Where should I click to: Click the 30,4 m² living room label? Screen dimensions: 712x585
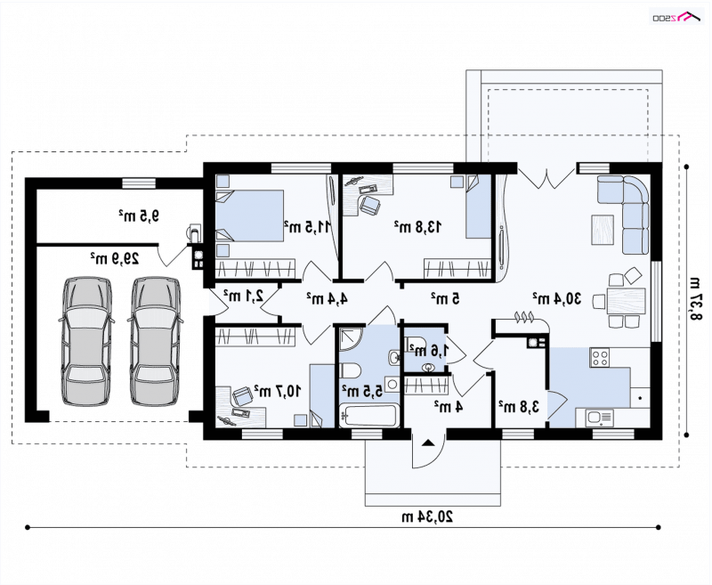(x=557, y=299)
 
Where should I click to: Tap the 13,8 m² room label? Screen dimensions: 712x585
(x=417, y=226)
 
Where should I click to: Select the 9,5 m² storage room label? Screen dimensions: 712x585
(x=139, y=215)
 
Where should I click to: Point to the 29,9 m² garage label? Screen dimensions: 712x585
(x=115, y=259)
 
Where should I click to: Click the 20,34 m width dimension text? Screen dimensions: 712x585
(x=427, y=516)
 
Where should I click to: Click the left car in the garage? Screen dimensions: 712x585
(x=86, y=341)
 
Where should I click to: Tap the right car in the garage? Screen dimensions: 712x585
(x=155, y=341)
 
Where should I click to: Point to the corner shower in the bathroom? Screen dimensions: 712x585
(x=351, y=338)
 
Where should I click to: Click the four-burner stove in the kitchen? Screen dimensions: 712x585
(x=600, y=357)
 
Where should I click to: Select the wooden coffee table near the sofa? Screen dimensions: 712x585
(x=603, y=230)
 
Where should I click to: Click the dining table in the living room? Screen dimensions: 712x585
(x=627, y=301)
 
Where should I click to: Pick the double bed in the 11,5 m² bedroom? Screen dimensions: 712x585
(x=249, y=215)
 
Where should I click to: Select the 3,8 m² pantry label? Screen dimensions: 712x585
(x=519, y=407)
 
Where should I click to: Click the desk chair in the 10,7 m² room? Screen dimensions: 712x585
(x=243, y=395)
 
